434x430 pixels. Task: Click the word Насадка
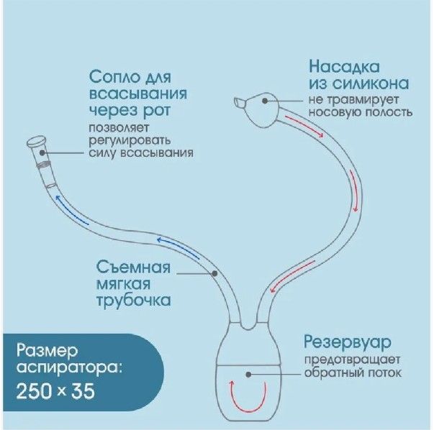click(344, 67)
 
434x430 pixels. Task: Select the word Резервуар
click(348, 342)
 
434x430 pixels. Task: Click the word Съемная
click(133, 267)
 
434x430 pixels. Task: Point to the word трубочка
click(133, 301)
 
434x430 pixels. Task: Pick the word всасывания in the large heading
click(138, 94)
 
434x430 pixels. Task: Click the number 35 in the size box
click(83, 391)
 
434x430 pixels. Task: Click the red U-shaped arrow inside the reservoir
click(248, 402)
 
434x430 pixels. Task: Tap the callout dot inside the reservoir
click(248, 375)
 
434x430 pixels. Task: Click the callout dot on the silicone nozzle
click(265, 101)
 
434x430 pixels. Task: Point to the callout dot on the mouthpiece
click(42, 152)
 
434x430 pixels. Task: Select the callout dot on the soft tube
click(214, 273)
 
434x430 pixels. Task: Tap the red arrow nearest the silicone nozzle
click(304, 126)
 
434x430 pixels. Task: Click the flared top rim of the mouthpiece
click(37, 142)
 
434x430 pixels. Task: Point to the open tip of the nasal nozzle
click(238, 102)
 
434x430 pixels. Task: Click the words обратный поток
click(353, 372)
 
